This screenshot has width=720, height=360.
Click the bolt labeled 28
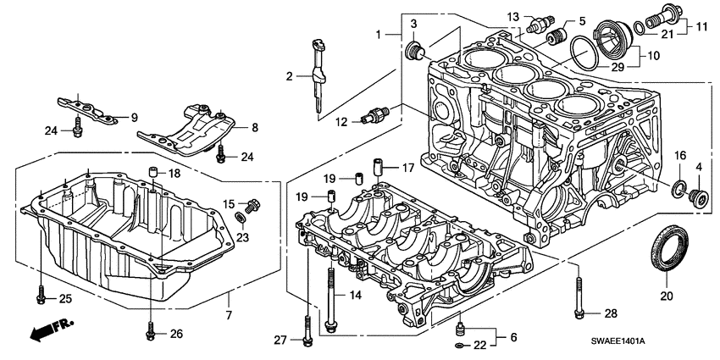pos(578,296)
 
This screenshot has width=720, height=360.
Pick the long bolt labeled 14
pos(330,292)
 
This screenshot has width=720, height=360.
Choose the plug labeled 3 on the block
pos(415,50)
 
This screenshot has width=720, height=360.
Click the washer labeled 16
pos(679,187)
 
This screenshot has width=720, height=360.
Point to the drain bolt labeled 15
pos(251,205)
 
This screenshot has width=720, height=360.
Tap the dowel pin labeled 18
pos(153,175)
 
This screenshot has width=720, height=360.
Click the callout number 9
pos(133,116)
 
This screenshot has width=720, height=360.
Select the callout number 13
pos(513,17)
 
